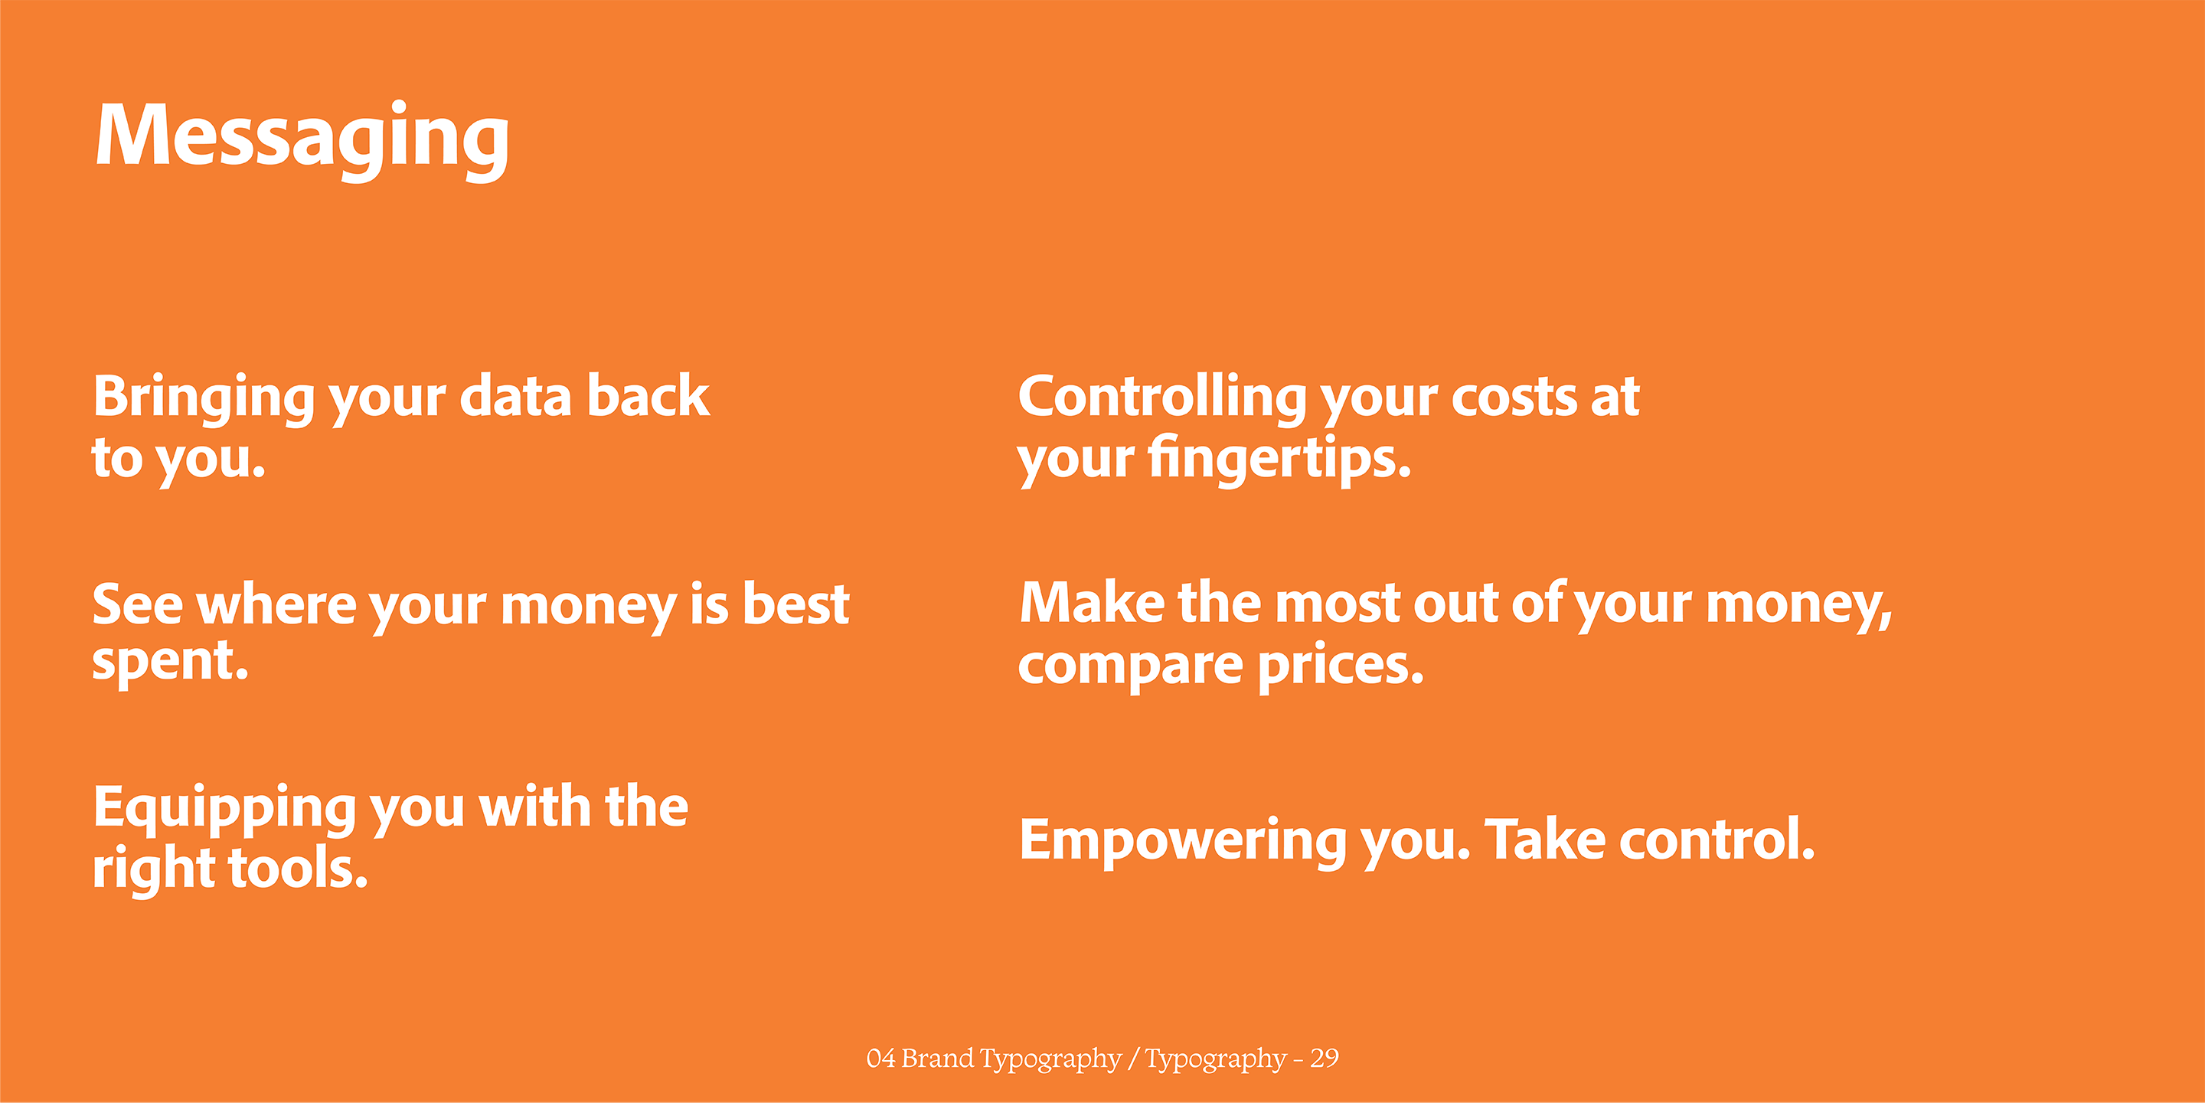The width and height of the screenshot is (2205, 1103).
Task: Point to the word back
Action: (x=648, y=396)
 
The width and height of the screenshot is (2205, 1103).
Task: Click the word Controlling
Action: (x=1161, y=399)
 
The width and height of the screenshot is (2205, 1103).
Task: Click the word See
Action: (x=138, y=604)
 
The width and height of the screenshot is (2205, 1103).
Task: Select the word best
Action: (x=795, y=603)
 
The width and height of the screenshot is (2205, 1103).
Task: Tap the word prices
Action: (x=1341, y=665)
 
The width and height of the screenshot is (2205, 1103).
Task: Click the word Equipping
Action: (x=225, y=810)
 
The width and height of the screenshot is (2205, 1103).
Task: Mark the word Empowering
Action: (x=1183, y=842)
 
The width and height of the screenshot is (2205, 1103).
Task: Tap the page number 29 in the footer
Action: (x=1325, y=1059)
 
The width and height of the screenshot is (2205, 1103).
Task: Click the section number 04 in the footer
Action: (x=880, y=1059)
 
